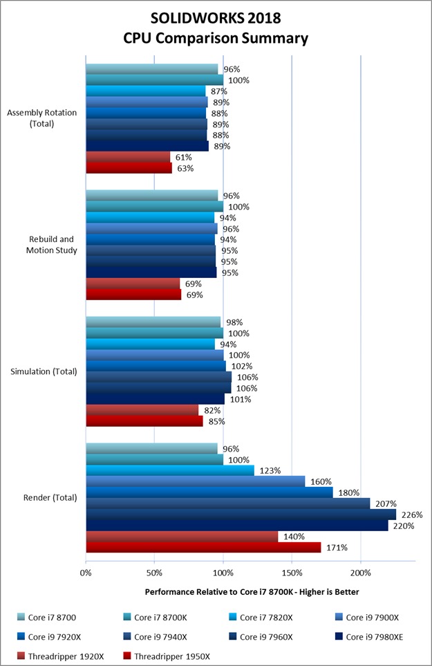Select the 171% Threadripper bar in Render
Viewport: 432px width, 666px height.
[x=203, y=548]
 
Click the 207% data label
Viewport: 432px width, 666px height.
[x=384, y=503]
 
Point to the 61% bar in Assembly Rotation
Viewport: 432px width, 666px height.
[x=128, y=157]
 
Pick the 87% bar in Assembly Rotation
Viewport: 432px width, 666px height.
[x=145, y=91]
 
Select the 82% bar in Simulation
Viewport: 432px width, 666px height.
[x=142, y=410]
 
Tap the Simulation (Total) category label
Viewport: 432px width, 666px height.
[x=43, y=371]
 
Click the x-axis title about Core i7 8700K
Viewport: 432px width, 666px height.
[x=252, y=593]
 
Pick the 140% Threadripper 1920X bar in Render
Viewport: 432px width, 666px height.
[x=182, y=537]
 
